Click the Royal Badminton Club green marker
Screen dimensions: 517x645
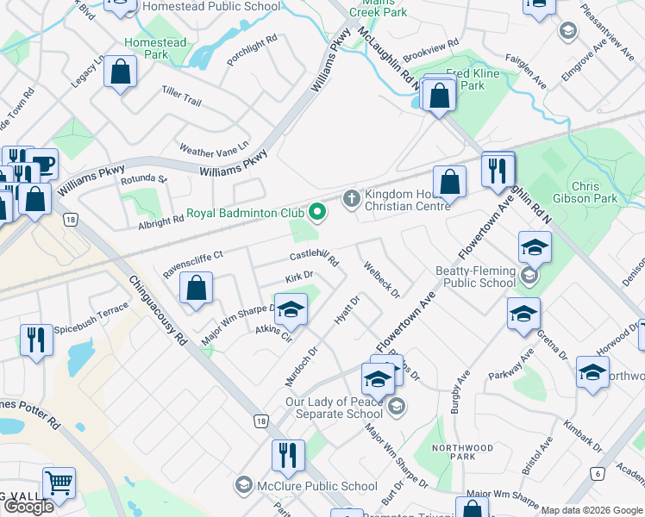[317, 211]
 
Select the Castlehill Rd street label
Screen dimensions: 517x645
[315, 257]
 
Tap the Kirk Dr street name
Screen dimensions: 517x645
[298, 277]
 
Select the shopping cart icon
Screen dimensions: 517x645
[59, 485]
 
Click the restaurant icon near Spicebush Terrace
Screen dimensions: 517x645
[36, 339]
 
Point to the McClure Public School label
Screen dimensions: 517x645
[316, 486]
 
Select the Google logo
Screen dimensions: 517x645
[28, 507]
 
